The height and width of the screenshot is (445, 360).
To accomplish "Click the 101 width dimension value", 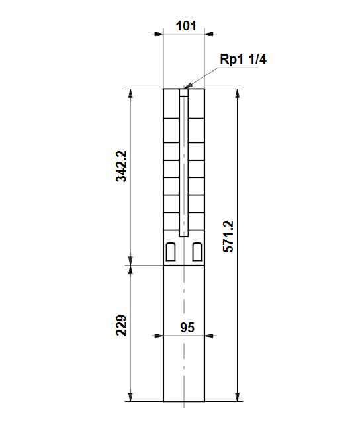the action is [186, 26].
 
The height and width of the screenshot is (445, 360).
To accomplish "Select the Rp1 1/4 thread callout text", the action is [243, 59].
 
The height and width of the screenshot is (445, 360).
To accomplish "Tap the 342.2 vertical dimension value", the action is [121, 166].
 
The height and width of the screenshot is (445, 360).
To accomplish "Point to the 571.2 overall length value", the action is [228, 236].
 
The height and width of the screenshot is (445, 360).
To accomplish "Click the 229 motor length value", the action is [121, 325].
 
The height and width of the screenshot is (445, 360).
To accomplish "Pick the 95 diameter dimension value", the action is [187, 328].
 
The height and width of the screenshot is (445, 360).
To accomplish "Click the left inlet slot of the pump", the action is [171, 252].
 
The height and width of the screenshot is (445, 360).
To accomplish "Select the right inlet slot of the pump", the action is [197, 252].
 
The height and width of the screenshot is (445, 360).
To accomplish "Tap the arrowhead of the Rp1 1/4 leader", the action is [188, 85].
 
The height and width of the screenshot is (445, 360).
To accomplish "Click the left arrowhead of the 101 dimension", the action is [159, 34].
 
